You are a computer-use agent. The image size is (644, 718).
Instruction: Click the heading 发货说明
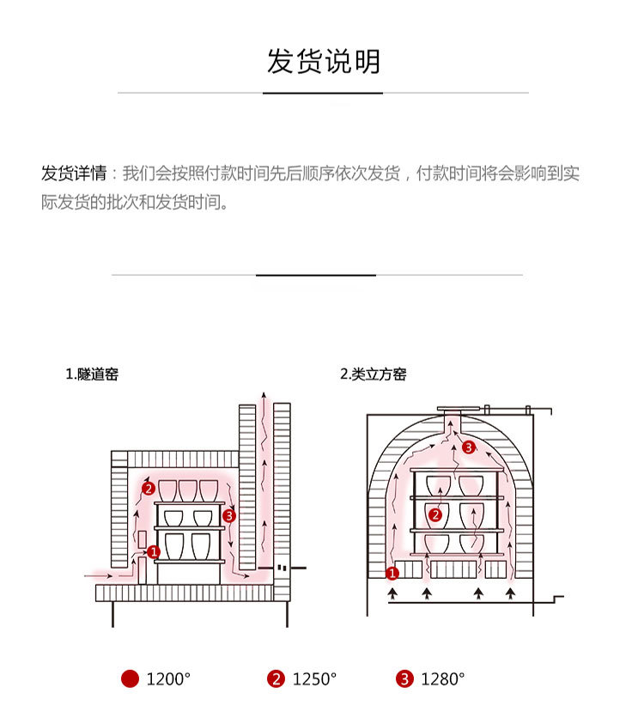323,63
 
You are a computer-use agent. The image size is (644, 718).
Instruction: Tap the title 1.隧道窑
92,374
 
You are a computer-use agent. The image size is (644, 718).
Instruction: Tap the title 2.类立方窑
374,374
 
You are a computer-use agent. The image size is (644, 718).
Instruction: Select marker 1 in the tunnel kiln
153,551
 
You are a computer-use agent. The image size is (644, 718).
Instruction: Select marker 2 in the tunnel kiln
148,489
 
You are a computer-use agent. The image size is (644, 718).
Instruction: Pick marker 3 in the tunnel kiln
228,516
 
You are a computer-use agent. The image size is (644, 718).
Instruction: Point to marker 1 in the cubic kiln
392,573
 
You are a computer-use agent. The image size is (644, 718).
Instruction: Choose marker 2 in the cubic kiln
435,515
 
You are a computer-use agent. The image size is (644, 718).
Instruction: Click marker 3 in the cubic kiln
468,447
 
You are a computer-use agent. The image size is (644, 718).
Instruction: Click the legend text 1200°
167,679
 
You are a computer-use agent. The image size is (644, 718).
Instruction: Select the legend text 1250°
314,679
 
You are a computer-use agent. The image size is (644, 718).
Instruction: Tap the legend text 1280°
442,679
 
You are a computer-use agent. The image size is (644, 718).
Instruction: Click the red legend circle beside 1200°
130,679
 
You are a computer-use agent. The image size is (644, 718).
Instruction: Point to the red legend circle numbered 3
404,679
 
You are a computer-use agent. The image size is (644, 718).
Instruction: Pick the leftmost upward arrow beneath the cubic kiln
393,593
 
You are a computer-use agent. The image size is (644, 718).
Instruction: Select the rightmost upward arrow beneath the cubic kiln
513,593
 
